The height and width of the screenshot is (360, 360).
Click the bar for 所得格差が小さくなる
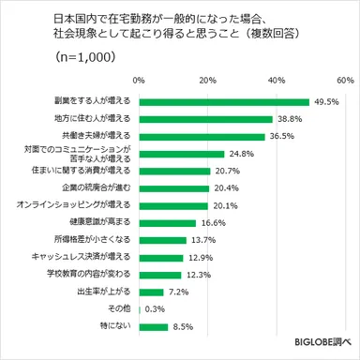[x=162, y=240]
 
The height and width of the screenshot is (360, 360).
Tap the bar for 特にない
[x=154, y=326]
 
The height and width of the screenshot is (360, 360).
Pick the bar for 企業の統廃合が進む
[x=173, y=188]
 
